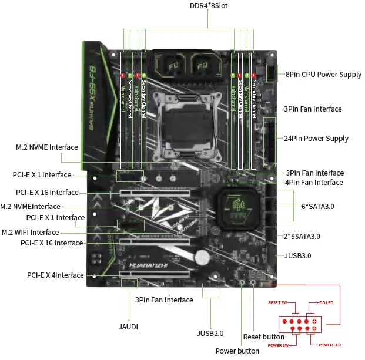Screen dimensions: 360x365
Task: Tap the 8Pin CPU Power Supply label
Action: point(324,75)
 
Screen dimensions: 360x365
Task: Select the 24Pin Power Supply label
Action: point(316,139)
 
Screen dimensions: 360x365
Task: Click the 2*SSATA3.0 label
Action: point(302,236)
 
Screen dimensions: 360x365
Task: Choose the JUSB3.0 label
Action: point(297,255)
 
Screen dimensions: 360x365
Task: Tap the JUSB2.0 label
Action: point(210,333)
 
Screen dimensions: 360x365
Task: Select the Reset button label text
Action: point(264,337)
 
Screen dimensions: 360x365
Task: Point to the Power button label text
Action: point(237,351)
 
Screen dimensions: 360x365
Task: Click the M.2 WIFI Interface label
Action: point(38,232)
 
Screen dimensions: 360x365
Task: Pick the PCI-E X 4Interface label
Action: point(55,275)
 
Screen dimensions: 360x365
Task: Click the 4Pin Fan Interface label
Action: point(314,183)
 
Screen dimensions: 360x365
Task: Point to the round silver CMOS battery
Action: point(204,257)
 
